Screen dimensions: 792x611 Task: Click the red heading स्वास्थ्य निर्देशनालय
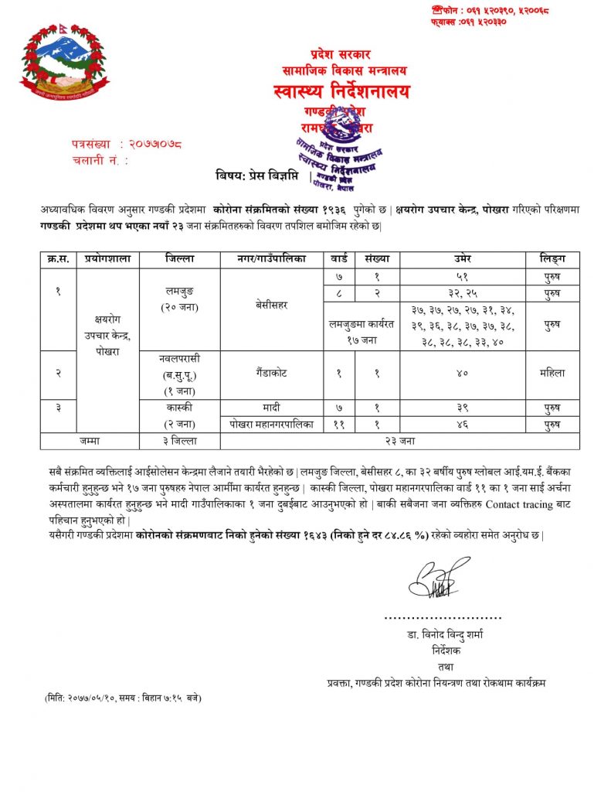pyautogui.click(x=341, y=92)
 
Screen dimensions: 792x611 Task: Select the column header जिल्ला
pyautogui.click(x=179, y=260)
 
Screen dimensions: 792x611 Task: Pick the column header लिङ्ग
pyautogui.click(x=552, y=260)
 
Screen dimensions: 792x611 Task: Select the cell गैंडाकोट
pyautogui.click(x=271, y=372)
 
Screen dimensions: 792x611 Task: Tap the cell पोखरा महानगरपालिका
pyautogui.click(x=271, y=424)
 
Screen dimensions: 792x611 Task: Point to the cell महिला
pyautogui.click(x=552, y=372)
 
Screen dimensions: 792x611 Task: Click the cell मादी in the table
pyautogui.click(x=271, y=407)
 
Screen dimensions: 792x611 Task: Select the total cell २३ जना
pyautogui.click(x=399, y=441)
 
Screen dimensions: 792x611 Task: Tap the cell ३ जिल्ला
pyautogui.click(x=179, y=441)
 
